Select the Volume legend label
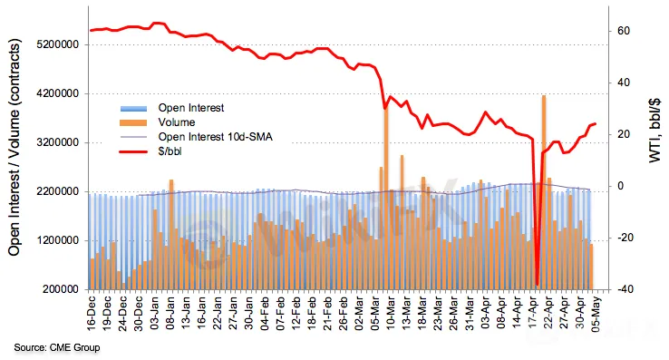177,122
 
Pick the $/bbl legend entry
170,151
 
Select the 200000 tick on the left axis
61,289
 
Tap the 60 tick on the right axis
624,31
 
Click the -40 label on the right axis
622,289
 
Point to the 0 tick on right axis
620,186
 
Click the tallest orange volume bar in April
544,192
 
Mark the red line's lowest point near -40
537,285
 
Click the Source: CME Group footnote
57,347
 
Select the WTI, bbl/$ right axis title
654,131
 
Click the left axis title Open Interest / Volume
15,147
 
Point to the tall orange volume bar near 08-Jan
171,235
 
